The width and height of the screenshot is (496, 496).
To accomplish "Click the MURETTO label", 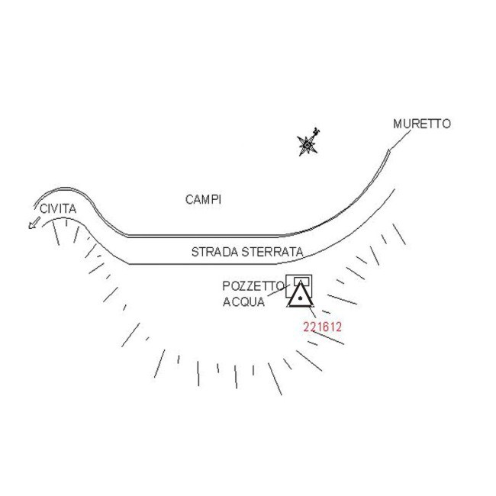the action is point(422,124).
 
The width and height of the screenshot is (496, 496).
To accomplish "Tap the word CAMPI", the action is point(203,200).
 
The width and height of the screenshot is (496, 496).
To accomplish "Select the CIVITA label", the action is point(58,209).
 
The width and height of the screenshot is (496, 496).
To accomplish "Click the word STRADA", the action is point(214,252).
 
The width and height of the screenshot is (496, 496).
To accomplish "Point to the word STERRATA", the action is point(272,252).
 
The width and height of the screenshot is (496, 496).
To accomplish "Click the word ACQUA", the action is point(243,301).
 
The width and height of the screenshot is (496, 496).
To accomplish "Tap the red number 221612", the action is point(322,327).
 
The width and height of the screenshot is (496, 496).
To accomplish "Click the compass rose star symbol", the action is point(308,145).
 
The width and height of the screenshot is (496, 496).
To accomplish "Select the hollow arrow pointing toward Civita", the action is point(34,222).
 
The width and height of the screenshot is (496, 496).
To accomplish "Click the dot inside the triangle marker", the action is point(300,298).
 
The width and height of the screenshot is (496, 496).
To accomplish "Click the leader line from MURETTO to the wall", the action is point(400,140).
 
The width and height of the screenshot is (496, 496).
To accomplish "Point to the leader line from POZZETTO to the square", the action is point(279,291).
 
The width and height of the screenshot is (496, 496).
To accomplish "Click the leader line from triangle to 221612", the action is point(311,311).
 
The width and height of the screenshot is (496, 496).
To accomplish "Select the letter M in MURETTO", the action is point(398,124).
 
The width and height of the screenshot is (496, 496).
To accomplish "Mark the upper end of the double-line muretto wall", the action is point(389,150).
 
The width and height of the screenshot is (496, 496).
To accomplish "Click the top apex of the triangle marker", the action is point(300,282).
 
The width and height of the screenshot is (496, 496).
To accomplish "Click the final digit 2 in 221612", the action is point(339,327).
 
